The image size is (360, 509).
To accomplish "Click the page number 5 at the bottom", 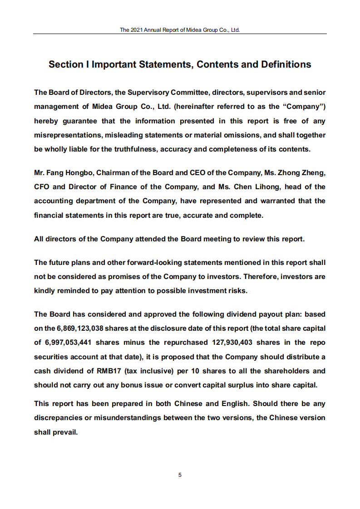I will (180, 475).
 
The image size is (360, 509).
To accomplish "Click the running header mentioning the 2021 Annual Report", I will (180, 30).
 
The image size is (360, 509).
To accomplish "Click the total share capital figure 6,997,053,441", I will (68, 343).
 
